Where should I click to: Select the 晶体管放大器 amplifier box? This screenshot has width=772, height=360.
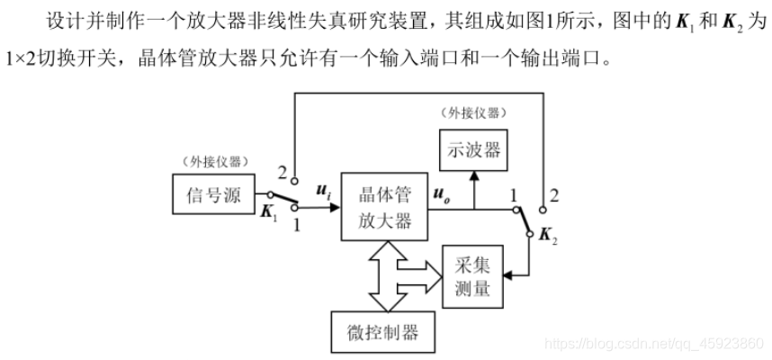pyautogui.click(x=385, y=207)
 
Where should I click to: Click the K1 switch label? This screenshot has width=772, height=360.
pyautogui.click(x=269, y=212)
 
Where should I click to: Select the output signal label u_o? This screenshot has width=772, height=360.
pyautogui.click(x=443, y=191)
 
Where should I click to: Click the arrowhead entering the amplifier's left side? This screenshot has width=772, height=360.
pyautogui.click(x=334, y=206)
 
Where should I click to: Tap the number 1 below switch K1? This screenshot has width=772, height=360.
pyautogui.click(x=297, y=223)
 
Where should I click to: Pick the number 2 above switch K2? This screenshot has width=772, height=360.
pyautogui.click(x=554, y=193)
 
